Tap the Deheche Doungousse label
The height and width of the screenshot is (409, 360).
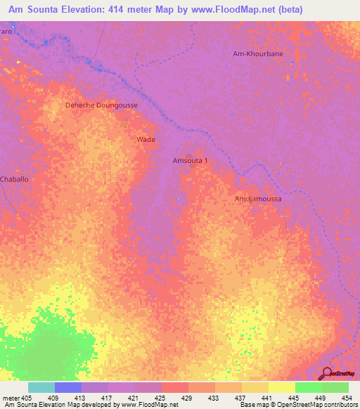click(101, 105)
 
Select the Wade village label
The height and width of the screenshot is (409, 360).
click(146, 140)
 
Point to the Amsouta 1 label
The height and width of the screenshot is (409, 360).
click(190, 161)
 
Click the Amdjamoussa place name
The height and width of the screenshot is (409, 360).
click(257, 199)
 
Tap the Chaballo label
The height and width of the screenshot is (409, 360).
click(15, 179)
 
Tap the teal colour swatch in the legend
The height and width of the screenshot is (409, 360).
click(41, 387)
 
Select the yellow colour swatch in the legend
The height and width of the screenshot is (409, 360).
click(281, 387)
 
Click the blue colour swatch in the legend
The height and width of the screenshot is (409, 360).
click(68, 387)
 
